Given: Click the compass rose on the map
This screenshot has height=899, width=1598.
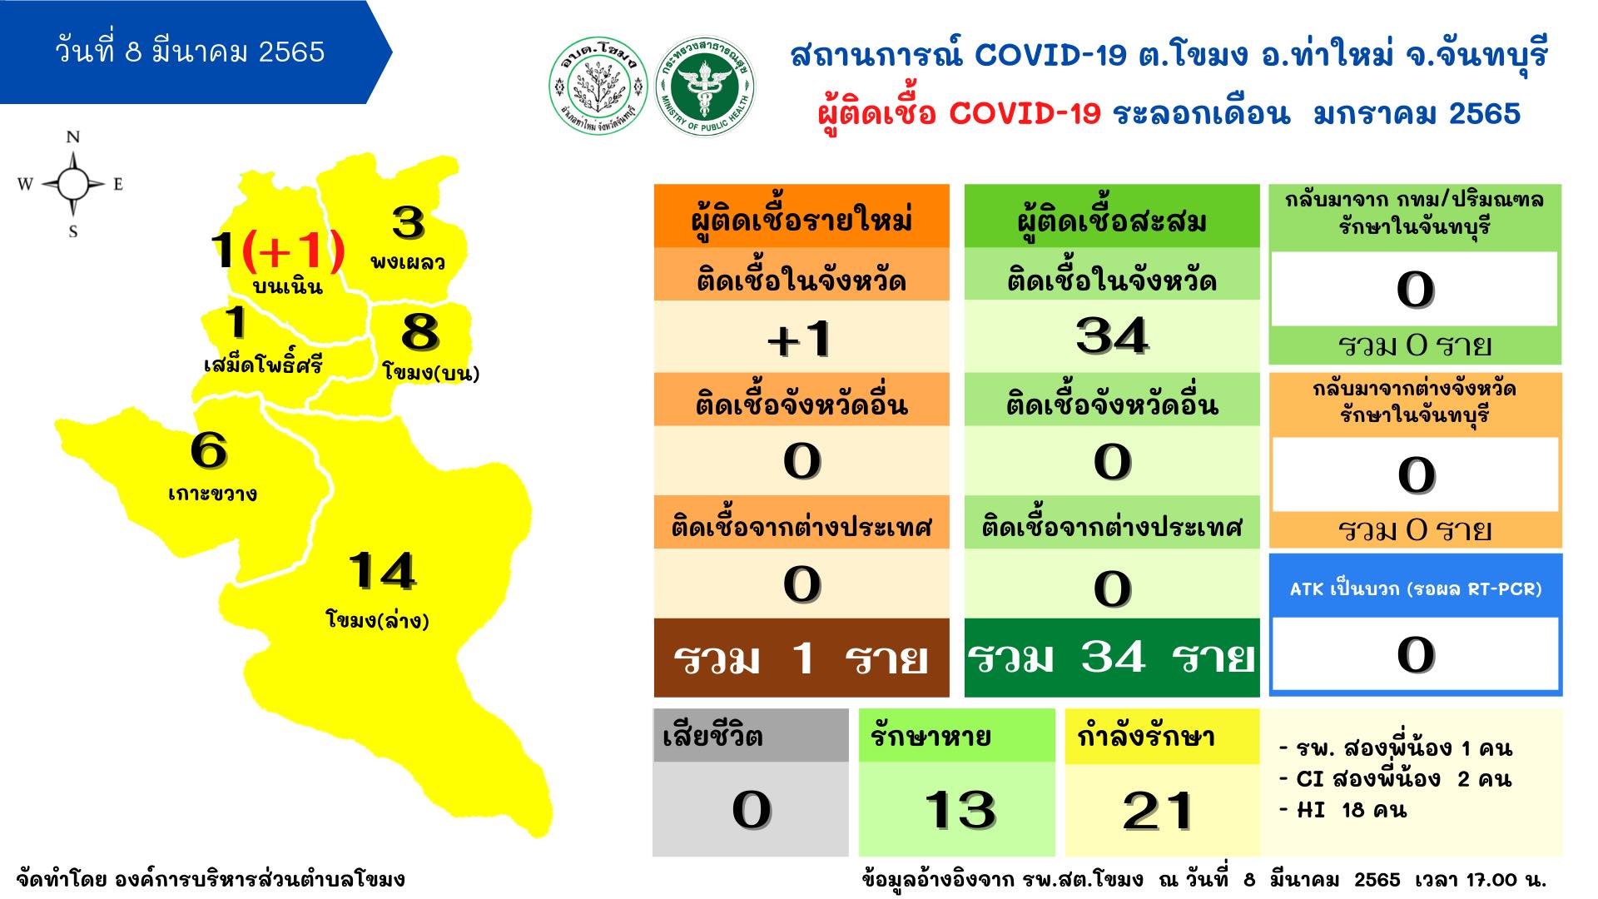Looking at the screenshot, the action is coord(72,184).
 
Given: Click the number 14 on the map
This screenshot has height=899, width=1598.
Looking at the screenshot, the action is coord(382,571).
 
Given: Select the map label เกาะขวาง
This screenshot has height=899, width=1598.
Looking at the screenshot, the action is coord(212,494).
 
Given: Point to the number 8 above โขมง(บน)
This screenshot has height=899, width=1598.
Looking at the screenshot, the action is coord(419,331).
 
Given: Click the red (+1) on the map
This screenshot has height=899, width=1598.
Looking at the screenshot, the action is coord(292,250).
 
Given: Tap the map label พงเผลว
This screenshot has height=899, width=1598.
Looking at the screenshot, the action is coord(407,262).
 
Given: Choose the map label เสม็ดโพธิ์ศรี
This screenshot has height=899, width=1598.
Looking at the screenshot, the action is coord(263,364).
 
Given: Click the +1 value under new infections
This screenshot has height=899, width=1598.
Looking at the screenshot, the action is coord(801,339).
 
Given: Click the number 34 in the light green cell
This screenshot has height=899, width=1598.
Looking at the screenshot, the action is coord(1112,336).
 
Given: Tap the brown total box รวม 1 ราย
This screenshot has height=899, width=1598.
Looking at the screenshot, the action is coord(801,658).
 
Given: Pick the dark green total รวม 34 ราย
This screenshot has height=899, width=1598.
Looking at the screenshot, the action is coord(1112,658).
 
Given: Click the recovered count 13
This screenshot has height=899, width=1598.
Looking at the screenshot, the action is coord(960,809).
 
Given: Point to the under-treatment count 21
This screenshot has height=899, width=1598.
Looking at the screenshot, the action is coord(1158,811).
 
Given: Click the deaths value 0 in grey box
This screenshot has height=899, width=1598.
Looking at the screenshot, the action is coord(751,810).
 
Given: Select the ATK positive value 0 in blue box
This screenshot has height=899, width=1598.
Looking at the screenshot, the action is coord(1415,654).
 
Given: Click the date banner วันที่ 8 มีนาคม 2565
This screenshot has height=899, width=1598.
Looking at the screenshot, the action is coord(190,52).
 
